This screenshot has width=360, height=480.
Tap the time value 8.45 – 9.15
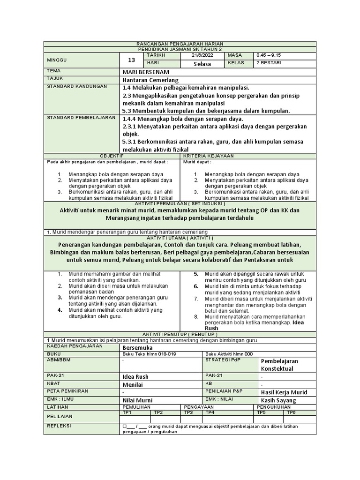(269, 55)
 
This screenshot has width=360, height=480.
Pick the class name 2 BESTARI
(269, 63)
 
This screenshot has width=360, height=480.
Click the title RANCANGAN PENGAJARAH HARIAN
(180, 43)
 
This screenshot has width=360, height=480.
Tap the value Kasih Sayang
(279, 400)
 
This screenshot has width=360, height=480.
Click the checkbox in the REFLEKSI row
(125, 427)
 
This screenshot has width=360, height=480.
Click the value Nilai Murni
(137, 400)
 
